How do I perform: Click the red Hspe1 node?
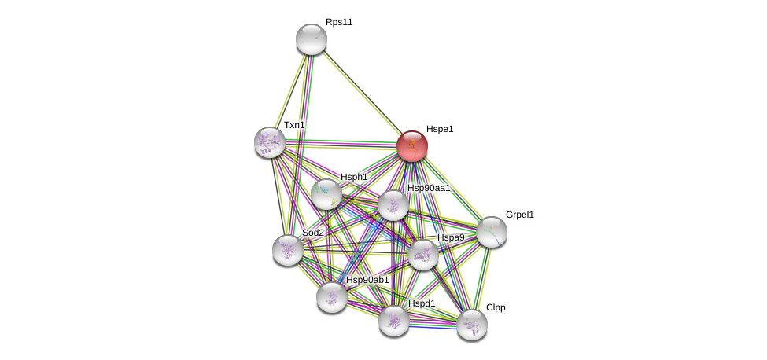pyautogui.click(x=411, y=145)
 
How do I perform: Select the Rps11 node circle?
pyautogui.click(x=312, y=39)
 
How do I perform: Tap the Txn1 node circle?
pyautogui.click(x=270, y=142)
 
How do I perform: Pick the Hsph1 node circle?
pyautogui.click(x=326, y=194)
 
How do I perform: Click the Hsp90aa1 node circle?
pyautogui.click(x=393, y=205)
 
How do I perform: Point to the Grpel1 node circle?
pyautogui.click(x=492, y=232)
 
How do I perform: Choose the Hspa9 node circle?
pyautogui.click(x=423, y=254)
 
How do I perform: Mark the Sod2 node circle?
pyautogui.click(x=288, y=250)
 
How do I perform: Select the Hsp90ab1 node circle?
pyautogui.click(x=332, y=297)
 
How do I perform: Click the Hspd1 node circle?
pyautogui.click(x=394, y=321)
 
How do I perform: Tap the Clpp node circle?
pyautogui.click(x=472, y=325)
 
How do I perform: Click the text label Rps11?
pyautogui.click(x=339, y=22)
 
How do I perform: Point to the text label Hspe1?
pyautogui.click(x=440, y=129)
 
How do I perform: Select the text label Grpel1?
pyautogui.click(x=519, y=215)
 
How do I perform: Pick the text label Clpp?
pyautogui.click(x=496, y=307)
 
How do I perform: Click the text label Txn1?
pyautogui.click(x=294, y=125)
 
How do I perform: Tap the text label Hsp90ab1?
pyautogui.click(x=367, y=280)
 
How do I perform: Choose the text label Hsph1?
pyautogui.click(x=354, y=177)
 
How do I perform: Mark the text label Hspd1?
pyautogui.click(x=422, y=303)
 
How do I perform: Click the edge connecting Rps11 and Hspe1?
pyautogui.click(x=361, y=92)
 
